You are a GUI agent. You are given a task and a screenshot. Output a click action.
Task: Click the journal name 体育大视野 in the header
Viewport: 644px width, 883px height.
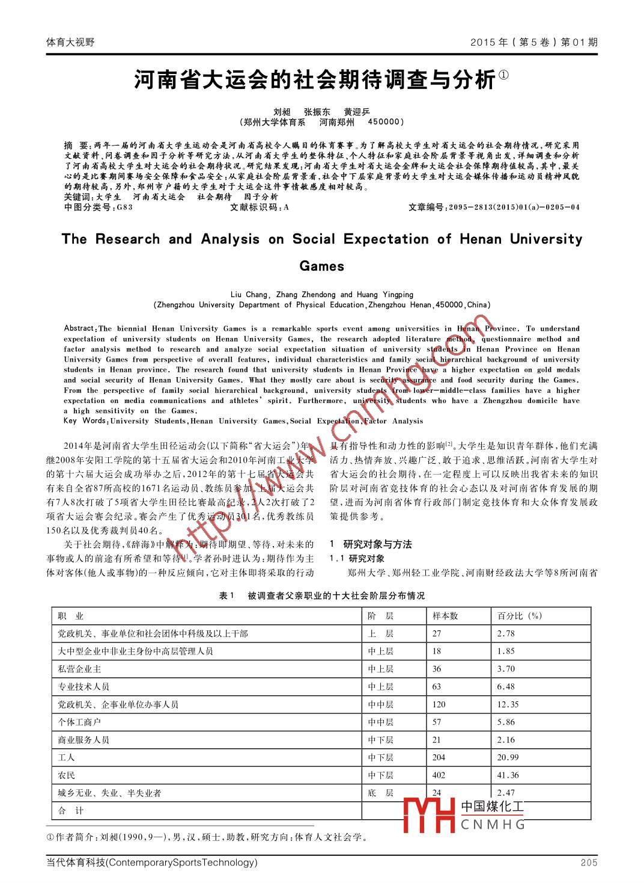(x=70, y=42)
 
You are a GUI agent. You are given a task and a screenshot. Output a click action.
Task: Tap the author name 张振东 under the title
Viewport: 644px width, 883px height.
(x=317, y=112)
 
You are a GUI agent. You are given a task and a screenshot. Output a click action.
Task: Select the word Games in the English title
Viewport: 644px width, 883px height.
(x=321, y=266)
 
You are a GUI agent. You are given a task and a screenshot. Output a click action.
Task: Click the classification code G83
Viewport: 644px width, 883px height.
(x=124, y=208)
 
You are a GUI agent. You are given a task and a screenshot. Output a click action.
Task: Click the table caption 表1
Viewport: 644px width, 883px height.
(x=226, y=595)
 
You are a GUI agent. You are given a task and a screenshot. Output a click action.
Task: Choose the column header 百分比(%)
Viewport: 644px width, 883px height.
(x=520, y=616)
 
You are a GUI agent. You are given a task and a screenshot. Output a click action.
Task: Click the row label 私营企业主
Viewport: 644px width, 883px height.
(x=79, y=669)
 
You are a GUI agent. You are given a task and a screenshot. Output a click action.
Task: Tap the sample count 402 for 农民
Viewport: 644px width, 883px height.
(x=439, y=775)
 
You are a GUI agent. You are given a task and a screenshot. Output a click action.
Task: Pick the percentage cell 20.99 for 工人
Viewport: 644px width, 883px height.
(x=508, y=757)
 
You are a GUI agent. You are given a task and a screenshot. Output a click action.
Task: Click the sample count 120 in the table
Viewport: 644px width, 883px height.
(x=439, y=704)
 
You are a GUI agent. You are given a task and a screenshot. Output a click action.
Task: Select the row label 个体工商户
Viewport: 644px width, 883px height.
(x=79, y=722)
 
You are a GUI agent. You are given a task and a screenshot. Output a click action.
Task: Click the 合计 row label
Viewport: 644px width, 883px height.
(x=70, y=811)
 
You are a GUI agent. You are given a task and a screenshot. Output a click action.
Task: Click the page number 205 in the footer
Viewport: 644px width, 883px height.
(x=589, y=863)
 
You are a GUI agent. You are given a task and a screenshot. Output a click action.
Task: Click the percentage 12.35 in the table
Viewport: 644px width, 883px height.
(x=508, y=704)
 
